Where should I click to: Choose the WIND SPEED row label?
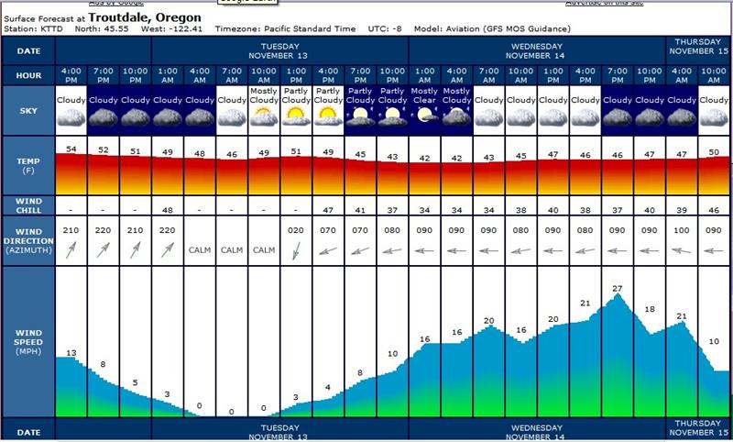(27, 341)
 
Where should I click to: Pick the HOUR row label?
(27, 74)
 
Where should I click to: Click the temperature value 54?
(71, 149)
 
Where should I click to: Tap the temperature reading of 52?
(104, 150)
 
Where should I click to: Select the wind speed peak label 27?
(617, 288)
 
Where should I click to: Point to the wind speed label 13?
(71, 353)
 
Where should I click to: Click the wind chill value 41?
(360, 210)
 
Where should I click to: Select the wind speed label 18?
(650, 309)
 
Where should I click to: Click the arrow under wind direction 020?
(295, 250)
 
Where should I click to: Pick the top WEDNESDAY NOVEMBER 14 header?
(537, 49)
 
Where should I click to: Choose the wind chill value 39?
(681, 210)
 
